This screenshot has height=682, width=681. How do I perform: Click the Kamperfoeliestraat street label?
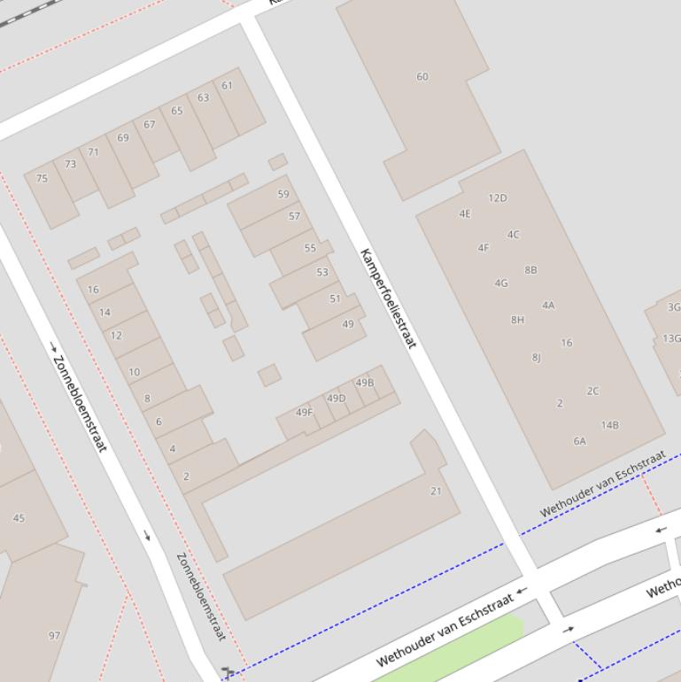[388, 298]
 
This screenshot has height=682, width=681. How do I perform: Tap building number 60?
[422, 77]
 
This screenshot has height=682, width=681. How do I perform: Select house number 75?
[42, 178]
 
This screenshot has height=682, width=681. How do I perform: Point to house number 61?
[228, 86]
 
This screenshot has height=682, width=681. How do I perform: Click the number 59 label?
[283, 194]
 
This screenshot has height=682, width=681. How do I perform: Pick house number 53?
[322, 272]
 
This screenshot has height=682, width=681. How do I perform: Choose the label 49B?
[365, 383]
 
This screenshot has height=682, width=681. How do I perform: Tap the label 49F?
[304, 412]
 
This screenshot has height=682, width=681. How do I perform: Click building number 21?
[436, 491]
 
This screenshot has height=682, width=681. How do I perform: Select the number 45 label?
[19, 518]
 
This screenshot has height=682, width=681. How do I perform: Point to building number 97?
[55, 635]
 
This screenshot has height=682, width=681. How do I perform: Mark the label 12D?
[498, 198]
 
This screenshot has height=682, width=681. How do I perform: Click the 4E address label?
[465, 213]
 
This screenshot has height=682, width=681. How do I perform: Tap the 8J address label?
[536, 358]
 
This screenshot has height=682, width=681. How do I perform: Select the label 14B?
[610, 425]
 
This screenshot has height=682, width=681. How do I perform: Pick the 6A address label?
[579, 440]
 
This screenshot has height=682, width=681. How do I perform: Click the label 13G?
[671, 338]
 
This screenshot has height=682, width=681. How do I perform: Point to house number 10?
[135, 372]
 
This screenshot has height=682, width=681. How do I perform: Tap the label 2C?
[592, 391]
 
